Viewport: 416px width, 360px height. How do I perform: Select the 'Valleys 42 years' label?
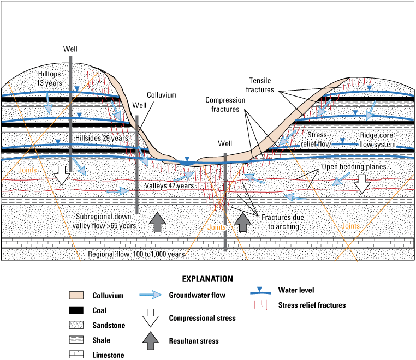pos(169,185)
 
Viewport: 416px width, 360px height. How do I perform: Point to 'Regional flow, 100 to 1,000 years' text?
pos(136,255)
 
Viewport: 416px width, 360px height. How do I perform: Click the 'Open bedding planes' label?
pos(353,166)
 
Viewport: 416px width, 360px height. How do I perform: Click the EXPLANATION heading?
pos(207,279)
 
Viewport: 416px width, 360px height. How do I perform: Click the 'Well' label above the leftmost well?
pos(71,49)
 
